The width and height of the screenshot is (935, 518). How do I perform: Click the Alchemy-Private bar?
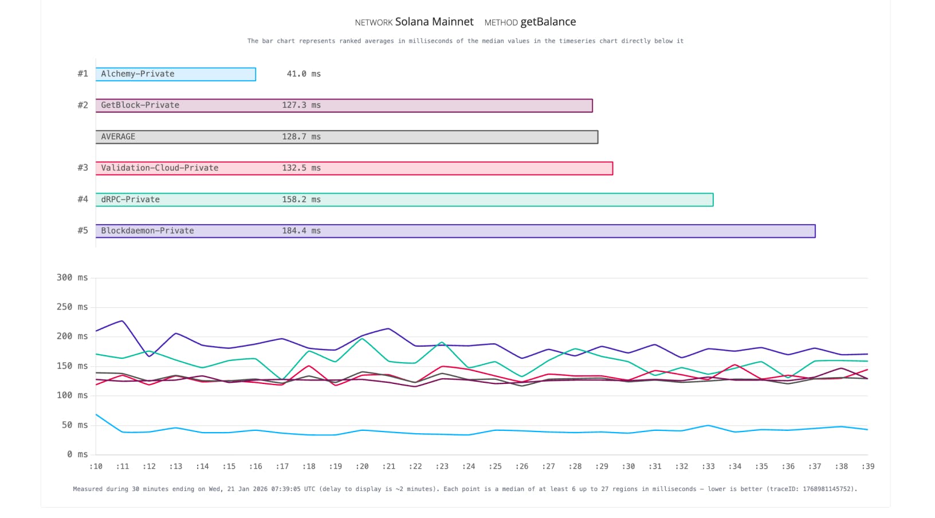(175, 74)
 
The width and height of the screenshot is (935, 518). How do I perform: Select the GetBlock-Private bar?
(344, 105)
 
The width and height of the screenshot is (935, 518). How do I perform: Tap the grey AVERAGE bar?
(347, 137)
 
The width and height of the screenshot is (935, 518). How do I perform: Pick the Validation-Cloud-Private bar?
(354, 168)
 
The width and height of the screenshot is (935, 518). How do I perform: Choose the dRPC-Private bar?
(404, 199)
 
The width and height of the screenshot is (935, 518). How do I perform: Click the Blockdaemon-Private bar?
(455, 231)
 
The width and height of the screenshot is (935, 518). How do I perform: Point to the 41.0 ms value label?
(304, 74)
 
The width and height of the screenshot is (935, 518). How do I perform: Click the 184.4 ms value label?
(301, 231)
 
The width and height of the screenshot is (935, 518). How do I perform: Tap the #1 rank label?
(83, 74)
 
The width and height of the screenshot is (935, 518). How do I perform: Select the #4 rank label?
(83, 199)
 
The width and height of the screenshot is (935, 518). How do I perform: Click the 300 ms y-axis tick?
(72, 278)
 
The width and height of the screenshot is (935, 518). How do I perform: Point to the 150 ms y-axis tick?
(72, 366)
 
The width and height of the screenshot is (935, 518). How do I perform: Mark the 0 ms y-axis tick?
(77, 454)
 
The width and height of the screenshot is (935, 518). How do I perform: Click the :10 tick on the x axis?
(96, 466)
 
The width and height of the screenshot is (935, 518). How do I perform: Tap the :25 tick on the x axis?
(495, 466)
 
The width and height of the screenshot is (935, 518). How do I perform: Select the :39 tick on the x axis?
(867, 466)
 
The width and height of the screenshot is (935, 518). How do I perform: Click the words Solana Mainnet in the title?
(434, 22)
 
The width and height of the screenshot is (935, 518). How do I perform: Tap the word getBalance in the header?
(548, 22)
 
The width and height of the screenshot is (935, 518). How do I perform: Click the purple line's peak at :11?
(122, 321)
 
